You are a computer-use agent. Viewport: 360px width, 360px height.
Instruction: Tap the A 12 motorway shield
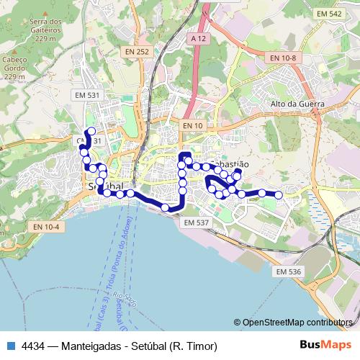coord(199,37)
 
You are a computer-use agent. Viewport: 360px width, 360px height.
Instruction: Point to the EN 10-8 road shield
coord(283,57)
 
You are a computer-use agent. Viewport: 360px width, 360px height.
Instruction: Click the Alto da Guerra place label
coord(297,104)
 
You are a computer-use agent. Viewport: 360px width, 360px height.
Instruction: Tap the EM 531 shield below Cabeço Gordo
coord(87,95)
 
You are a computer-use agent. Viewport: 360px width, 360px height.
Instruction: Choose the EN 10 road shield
coord(192,126)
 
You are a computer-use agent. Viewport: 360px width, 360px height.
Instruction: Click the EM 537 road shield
coord(196,222)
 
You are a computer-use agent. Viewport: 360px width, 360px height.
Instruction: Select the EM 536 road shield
coord(288,271)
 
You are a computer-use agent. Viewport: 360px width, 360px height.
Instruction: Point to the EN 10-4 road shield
coord(45,226)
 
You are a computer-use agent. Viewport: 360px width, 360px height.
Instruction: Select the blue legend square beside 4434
coord(9,346)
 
